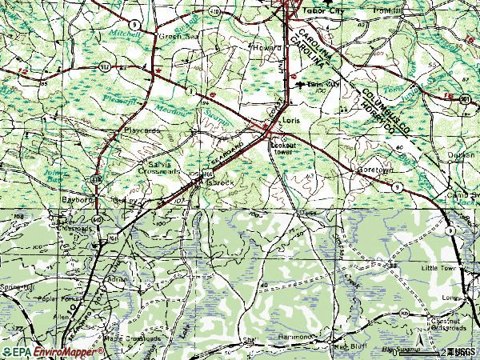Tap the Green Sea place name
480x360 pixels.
coord(171,36)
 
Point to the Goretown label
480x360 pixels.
coord(370,170)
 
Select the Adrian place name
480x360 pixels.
coord(117,280)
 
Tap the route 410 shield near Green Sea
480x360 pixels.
coord(214,13)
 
